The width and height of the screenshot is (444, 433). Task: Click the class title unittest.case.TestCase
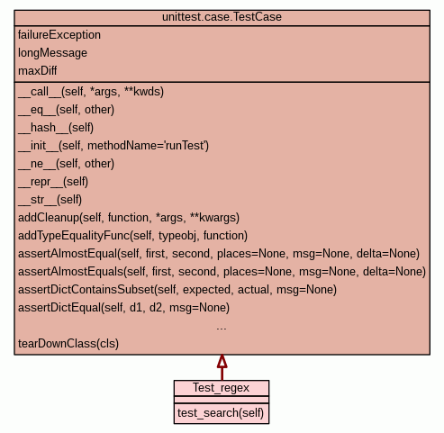point(222,17)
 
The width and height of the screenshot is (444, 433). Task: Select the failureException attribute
point(59,35)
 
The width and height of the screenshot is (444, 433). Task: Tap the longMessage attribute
point(52,53)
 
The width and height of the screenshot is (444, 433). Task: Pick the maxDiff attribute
point(37,71)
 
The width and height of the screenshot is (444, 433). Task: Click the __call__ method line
point(91,92)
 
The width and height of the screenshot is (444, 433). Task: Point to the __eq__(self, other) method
point(67,110)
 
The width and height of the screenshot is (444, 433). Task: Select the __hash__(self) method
point(56,128)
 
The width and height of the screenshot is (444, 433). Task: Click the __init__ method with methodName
point(113,146)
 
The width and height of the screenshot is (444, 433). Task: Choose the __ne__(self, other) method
point(67,164)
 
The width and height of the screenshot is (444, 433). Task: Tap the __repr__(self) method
point(53,182)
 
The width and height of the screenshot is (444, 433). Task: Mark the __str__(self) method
point(50,200)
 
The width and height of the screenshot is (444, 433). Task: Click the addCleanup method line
point(129,218)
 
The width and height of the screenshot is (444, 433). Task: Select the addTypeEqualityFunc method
point(133,236)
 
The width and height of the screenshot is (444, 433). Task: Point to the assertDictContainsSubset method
point(177,290)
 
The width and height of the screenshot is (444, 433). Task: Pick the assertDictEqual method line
point(124,308)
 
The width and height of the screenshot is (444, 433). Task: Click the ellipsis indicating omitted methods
point(222,329)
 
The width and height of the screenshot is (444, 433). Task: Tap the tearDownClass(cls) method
point(68,344)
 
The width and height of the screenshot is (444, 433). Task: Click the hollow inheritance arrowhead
point(222,362)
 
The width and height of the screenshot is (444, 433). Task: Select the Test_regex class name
point(221,388)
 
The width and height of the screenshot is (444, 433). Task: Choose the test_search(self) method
point(221,413)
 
